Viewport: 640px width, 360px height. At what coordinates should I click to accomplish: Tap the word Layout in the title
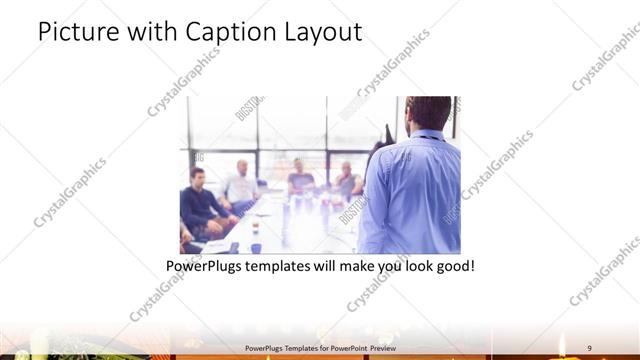[323, 32]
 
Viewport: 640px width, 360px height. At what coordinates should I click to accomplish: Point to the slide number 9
[589, 347]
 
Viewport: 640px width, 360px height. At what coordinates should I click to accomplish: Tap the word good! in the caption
[452, 267]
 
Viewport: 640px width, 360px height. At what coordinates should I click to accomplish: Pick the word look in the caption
[411, 267]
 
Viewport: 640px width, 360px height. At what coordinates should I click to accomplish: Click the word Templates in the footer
[285, 347]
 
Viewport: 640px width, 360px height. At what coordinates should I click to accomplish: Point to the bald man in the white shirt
[241, 185]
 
